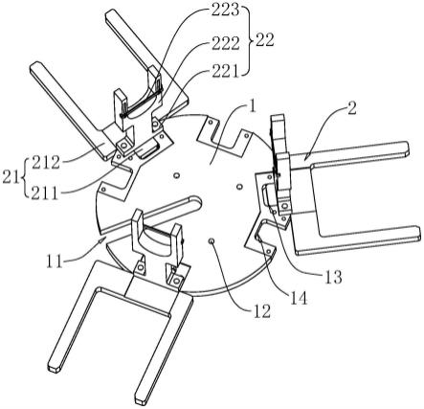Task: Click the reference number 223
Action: coord(225,10)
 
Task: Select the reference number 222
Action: coord(225,43)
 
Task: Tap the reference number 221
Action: coord(224,71)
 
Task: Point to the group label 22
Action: coord(265,40)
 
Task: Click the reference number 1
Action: coord(253,107)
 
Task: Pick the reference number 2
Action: coord(351,109)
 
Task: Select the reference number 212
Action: coord(46,163)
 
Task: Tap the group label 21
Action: coord(11,177)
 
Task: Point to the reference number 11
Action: coord(55,261)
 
